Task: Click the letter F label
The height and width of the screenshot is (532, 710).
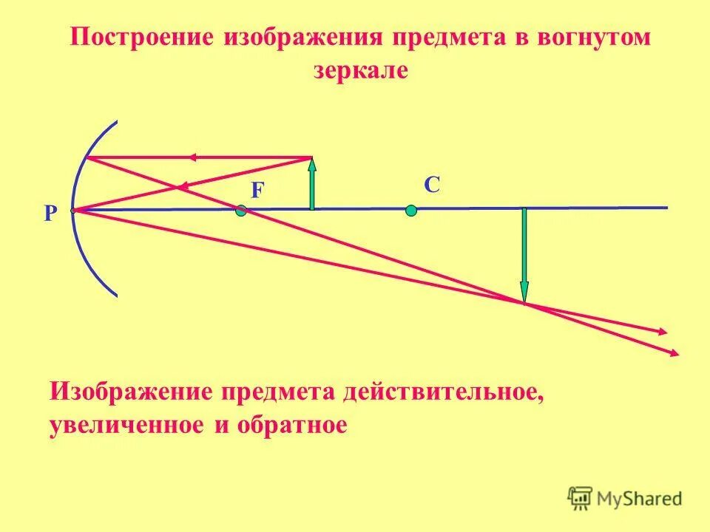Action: click(257, 191)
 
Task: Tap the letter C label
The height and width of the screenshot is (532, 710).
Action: click(432, 185)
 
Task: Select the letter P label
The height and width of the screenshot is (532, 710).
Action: click(50, 214)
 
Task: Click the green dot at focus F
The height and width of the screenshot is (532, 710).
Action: click(240, 211)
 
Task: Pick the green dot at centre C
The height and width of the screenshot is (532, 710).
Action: click(411, 211)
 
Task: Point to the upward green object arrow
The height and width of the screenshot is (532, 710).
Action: click(312, 185)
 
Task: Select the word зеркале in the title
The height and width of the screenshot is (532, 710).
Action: click(361, 71)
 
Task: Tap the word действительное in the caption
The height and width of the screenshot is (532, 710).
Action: click(443, 392)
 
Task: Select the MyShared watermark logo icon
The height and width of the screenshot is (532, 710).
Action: click(581, 498)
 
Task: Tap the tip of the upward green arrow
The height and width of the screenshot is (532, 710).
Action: click(312, 159)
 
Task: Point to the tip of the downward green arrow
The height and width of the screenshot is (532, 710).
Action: click(524, 301)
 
